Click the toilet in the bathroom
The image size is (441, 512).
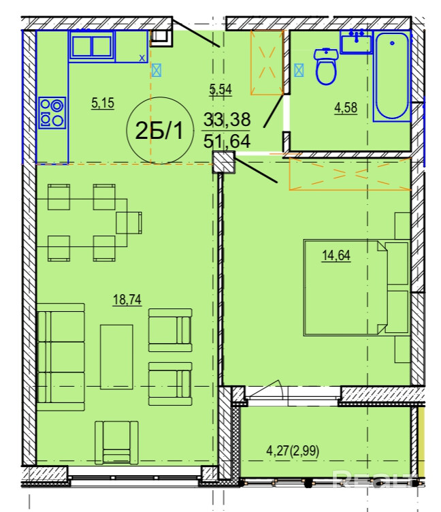tap(325, 66)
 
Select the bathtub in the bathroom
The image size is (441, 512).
tap(392, 76)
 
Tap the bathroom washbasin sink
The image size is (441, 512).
tap(356, 42)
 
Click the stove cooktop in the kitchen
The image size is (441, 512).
tap(52, 112)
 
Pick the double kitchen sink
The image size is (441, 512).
tap(92, 46)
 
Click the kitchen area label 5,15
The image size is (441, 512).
tap(103, 103)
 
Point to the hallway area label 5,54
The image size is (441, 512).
tap(220, 89)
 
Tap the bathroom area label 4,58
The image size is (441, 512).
tap(346, 108)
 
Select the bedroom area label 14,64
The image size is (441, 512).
tap(336, 255)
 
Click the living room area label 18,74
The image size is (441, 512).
tap(127, 300)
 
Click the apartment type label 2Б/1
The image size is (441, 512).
tap(159, 131)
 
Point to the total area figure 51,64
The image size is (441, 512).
tap(227, 142)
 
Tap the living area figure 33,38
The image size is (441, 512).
tap(227, 120)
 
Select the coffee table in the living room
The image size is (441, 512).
tap(116, 357)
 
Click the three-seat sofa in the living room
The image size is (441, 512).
tap(61, 357)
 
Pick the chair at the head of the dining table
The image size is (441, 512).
tap(129, 223)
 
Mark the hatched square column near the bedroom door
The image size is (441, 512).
tap(224, 162)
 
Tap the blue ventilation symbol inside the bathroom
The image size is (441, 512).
tap(299, 70)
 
